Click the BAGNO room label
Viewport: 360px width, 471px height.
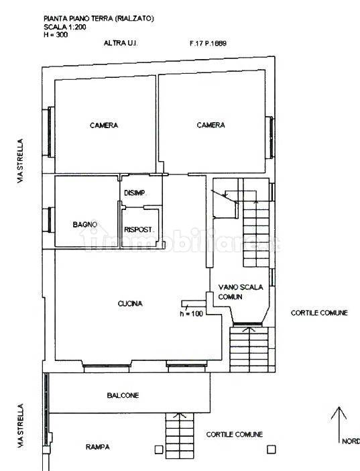(x=85, y=224)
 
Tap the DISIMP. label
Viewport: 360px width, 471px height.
(x=135, y=193)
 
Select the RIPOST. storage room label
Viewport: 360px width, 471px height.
(x=139, y=229)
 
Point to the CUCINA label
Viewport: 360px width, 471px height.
(x=130, y=303)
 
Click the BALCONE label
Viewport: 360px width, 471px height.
(x=123, y=395)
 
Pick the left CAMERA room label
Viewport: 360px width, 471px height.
(x=104, y=125)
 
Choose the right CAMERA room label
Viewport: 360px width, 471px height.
(x=211, y=125)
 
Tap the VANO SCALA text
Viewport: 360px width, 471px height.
(x=241, y=287)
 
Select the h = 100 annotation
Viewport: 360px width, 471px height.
(x=191, y=313)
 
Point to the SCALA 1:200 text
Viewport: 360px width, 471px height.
(x=65, y=27)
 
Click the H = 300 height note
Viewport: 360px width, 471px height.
(x=56, y=34)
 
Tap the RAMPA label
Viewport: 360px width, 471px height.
(x=98, y=447)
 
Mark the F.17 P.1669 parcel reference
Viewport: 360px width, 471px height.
(x=208, y=43)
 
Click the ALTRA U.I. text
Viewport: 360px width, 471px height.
(x=121, y=43)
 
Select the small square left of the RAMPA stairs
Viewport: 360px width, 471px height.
(x=158, y=450)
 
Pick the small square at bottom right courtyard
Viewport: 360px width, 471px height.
(x=272, y=450)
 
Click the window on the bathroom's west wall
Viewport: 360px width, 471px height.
(x=49, y=220)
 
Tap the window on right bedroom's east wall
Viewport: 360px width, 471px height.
(x=271, y=138)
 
